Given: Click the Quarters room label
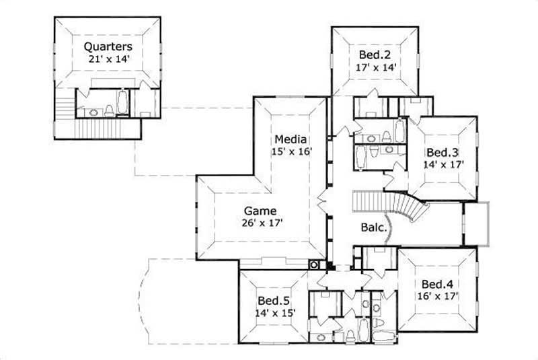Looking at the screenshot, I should tap(108, 46).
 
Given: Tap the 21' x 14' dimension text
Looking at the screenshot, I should tap(108, 59).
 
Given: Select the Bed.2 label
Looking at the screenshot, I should tap(375, 55).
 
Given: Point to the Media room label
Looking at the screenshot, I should tap(291, 139).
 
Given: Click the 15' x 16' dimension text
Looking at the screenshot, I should tap(291, 151).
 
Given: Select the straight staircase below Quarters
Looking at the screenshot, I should tap(101, 127).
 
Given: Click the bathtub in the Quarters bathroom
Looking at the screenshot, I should tap(123, 103).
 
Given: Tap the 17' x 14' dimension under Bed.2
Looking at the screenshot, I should tap(375, 67).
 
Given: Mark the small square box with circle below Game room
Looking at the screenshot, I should tap(314, 264).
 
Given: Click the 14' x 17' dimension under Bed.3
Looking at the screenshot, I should tap(443, 164).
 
